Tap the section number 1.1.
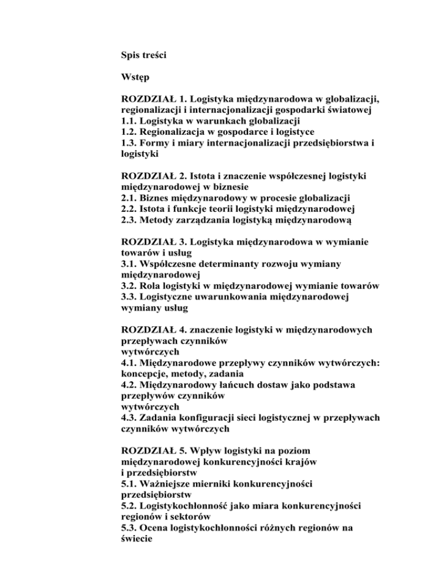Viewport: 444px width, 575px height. pos(129,121)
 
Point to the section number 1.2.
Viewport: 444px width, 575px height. pos(129,132)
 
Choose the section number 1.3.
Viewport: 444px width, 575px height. pos(129,143)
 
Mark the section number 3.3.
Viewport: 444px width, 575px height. pos(129,297)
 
